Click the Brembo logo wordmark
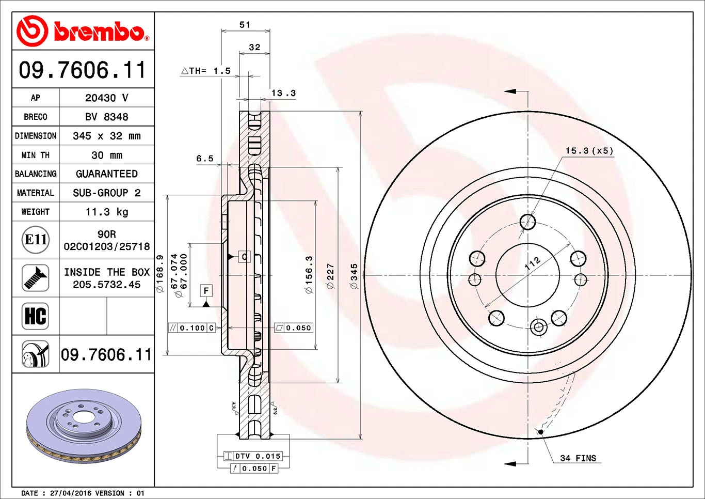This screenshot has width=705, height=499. pos(98,32)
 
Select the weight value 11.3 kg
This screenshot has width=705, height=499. pos(107,212)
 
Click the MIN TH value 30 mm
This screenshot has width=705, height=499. pos(107,155)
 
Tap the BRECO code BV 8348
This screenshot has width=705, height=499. pos(107,117)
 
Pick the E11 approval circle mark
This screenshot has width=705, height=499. pos(36,240)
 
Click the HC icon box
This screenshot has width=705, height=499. pos(36,316)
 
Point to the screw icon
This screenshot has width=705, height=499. pos(36,278)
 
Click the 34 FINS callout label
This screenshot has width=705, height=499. pos(578,458)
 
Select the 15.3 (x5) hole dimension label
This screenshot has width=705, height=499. pos(589,151)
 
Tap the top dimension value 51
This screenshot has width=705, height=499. pos(245,25)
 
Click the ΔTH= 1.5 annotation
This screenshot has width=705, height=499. pos(206,71)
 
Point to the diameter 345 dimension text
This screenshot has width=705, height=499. pos(354,276)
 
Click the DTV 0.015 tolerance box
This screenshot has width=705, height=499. pos(253,456)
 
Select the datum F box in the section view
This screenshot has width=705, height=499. pos(206,291)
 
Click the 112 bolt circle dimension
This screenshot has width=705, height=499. pos(532,263)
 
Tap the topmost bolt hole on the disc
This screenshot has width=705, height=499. pos(527,222)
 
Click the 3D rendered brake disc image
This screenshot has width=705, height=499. pos(84,426)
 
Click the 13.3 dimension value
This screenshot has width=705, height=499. pos(283,93)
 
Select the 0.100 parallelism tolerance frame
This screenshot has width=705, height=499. pos(192,328)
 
